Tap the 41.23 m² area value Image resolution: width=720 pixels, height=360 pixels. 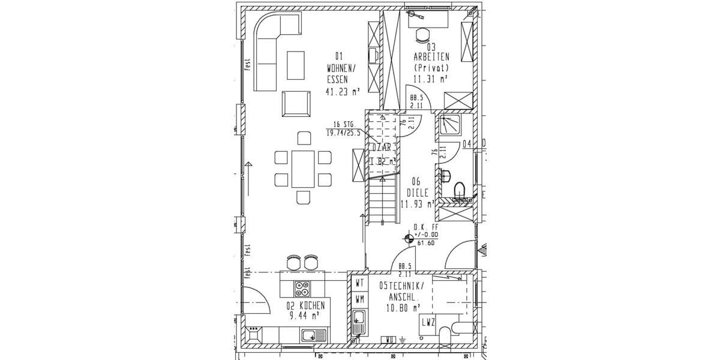[x=343, y=92]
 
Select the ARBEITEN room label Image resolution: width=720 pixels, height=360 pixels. [x=431, y=58]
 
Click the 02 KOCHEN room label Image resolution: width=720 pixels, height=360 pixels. [x=306, y=305]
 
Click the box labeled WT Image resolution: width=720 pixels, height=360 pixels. [x=360, y=282]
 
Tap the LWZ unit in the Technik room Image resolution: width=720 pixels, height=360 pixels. [x=428, y=323]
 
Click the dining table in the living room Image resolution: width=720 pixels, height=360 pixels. [x=303, y=169]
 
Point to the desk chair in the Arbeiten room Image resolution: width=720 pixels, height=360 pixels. [x=422, y=34]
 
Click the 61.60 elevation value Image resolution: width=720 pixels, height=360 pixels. [x=425, y=243]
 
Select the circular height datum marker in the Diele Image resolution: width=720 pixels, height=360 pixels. [x=409, y=238]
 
